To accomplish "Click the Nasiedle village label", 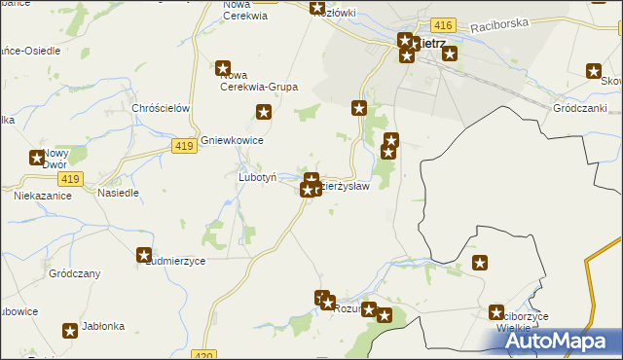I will coord(119,193).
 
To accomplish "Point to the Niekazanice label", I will coord(40,196).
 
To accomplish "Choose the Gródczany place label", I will coord(74,274).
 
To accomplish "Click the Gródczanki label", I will coord(580,108).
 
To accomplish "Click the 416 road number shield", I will coord(443,22).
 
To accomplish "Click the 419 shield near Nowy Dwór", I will coord(69,179).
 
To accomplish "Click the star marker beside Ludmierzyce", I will coord(144,255).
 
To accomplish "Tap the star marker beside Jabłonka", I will coord(70,331).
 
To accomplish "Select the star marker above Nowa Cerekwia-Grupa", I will coord(223,68).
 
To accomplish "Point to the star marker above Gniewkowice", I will coord(264,113).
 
